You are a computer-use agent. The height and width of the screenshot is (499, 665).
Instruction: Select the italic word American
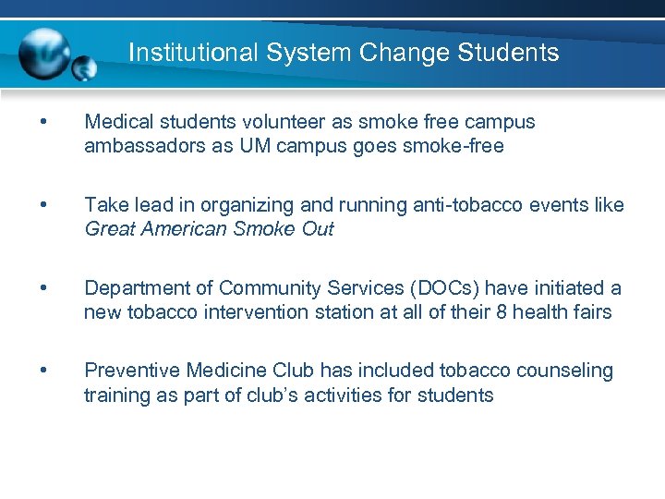pyautogui.click(x=176, y=229)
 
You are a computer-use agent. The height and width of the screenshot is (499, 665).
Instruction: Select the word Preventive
pyautogui.click(x=132, y=371)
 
